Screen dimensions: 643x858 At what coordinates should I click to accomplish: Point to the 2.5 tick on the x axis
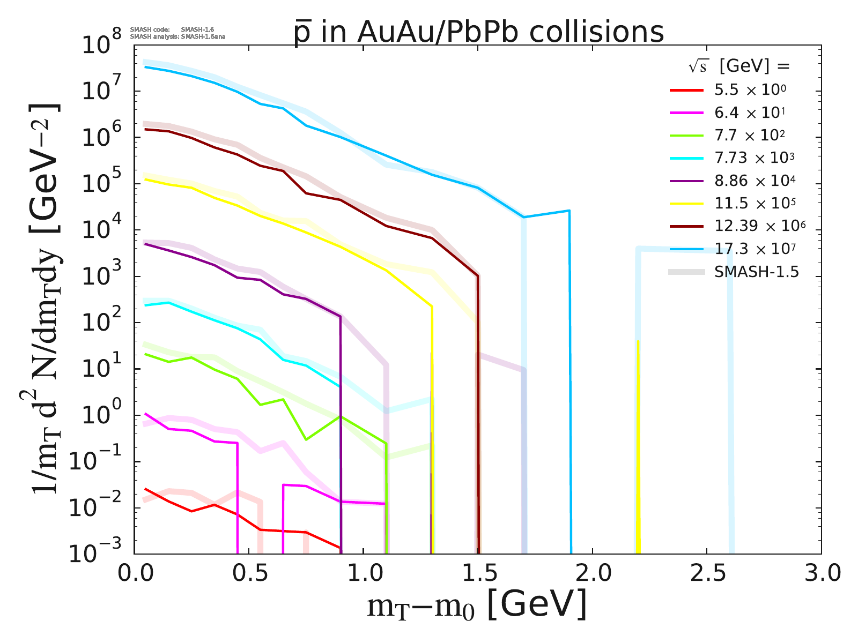click(x=706, y=574)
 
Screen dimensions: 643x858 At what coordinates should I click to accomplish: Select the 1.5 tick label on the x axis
click(x=477, y=574)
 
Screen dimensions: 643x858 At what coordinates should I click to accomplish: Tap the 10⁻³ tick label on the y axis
click(x=102, y=554)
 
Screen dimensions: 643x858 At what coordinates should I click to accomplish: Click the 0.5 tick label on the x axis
click(x=248, y=574)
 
